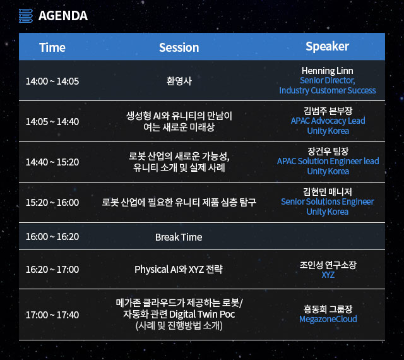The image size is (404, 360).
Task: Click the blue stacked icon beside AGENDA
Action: (26, 16)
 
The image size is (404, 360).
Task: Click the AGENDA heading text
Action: (63, 16)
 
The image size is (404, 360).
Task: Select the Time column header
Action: (52, 47)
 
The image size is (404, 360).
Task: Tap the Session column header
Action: (179, 47)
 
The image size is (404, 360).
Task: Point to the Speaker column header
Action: (328, 47)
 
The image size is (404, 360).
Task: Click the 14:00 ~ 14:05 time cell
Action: (52, 81)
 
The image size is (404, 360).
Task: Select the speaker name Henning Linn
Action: (328, 71)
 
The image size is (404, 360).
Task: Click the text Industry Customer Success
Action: (328, 90)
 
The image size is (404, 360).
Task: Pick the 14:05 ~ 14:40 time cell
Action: (52, 122)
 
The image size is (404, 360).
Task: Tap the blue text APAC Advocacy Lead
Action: (328, 121)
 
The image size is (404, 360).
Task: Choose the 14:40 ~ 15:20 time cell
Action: (52, 162)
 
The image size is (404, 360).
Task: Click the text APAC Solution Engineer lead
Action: (328, 161)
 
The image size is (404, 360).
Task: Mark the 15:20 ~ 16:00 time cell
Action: (52, 203)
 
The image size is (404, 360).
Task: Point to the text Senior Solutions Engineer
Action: (328, 201)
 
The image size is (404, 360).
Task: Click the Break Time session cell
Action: (179, 237)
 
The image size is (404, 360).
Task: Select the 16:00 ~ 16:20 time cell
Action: (52, 237)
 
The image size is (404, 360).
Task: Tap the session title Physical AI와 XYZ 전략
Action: (179, 270)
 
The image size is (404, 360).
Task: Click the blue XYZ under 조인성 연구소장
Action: (328, 275)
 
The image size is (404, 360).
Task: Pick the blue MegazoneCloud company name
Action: (328, 319)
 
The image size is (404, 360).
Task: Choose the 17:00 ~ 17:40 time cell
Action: (52, 315)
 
